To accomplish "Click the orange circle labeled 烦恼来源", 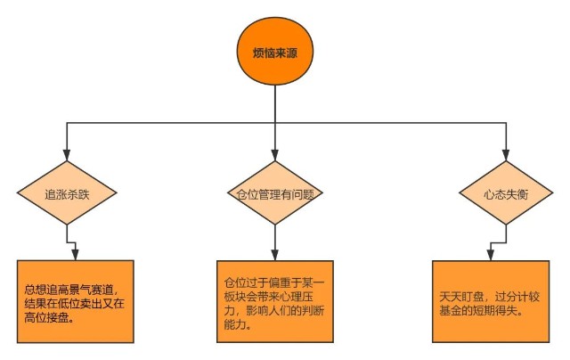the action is tap(275, 52).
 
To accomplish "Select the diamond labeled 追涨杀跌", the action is tap(67, 192).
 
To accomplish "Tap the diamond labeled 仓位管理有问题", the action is tap(275, 192).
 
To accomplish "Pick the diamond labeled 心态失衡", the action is tap(506, 192).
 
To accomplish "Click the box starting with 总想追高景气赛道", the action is tap(75, 301).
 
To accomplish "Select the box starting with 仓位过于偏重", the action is tap(275, 301).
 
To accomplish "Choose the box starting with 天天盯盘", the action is tap(491, 301).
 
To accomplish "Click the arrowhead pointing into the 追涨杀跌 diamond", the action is tap(67, 155).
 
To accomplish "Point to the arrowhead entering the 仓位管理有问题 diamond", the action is tap(275, 155).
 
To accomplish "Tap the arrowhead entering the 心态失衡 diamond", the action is tap(506, 155).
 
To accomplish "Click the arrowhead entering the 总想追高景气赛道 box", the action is tap(75, 255).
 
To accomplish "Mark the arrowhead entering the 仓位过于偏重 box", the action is tap(275, 255).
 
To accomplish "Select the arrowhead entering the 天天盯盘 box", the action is tap(491, 255).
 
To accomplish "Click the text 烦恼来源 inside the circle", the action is tap(275, 53).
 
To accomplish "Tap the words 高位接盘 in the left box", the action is tap(46, 318).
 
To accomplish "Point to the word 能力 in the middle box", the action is tap(234, 324).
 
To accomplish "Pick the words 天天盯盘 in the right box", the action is tap(461, 297).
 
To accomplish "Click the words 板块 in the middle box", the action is tap(234, 297).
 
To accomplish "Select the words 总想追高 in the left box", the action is tap(46, 290).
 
